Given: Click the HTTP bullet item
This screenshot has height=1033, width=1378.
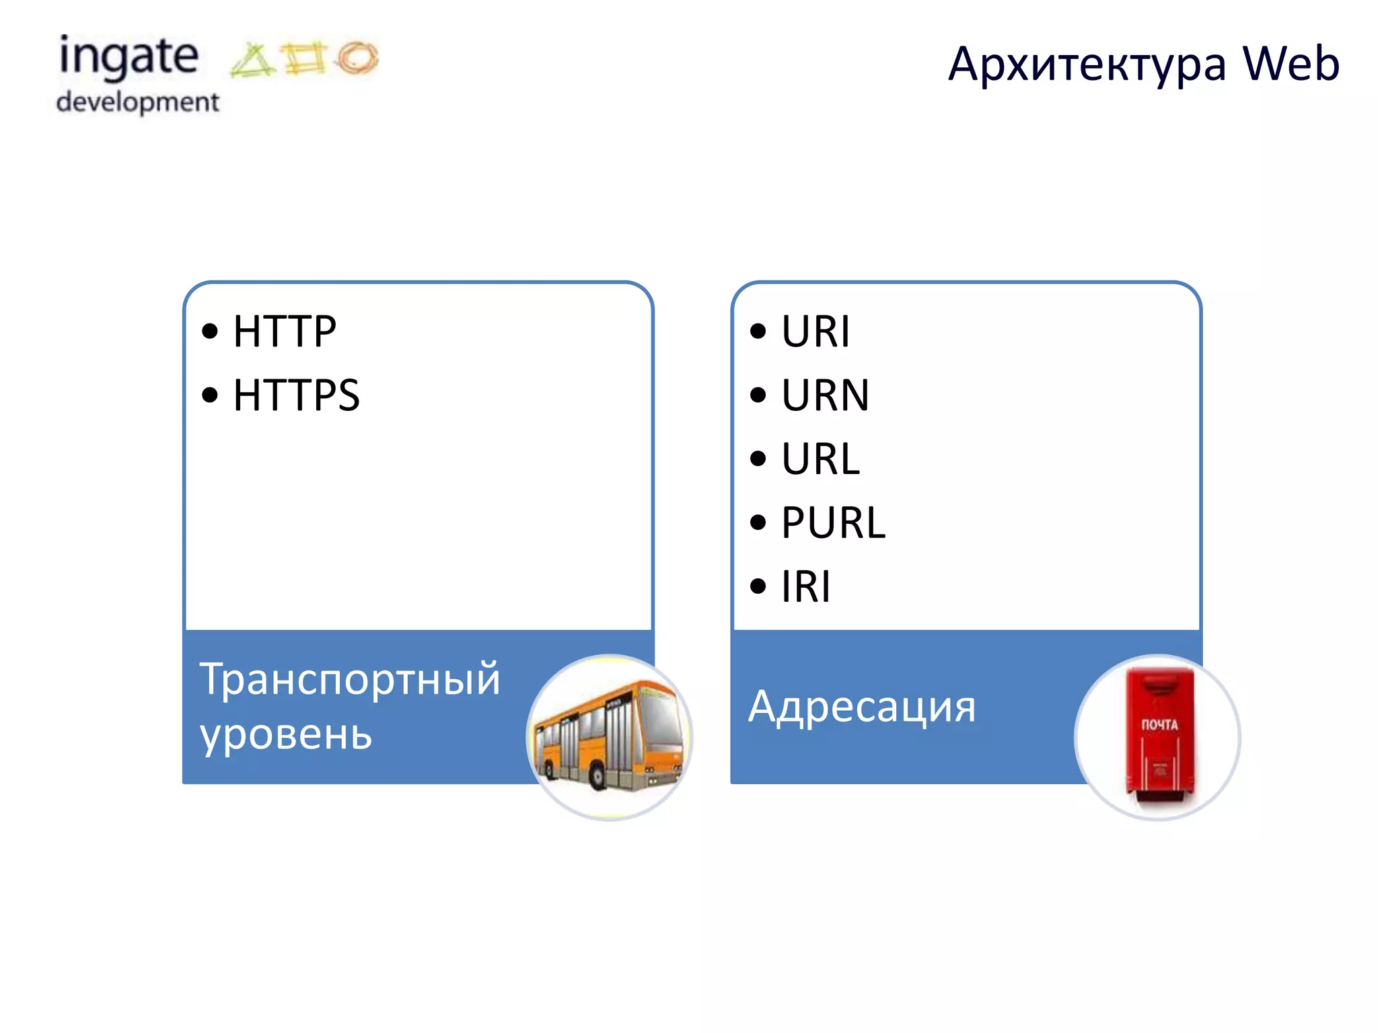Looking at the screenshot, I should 284,332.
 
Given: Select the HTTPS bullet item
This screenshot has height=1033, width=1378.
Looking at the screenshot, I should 296,395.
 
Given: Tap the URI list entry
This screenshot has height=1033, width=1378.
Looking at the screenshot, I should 815,332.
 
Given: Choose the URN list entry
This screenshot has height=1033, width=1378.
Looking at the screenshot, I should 825,395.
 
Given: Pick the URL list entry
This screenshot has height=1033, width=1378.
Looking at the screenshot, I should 820,459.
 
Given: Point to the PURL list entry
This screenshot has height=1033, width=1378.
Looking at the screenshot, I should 833,523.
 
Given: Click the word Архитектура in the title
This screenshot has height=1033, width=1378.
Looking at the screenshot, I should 1087,65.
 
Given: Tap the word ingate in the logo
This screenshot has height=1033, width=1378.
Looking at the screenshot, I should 129,57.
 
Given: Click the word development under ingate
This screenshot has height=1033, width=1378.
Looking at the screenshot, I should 138,102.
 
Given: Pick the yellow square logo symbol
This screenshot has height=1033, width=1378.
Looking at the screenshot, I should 305,58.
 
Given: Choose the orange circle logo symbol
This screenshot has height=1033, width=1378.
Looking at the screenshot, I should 358,57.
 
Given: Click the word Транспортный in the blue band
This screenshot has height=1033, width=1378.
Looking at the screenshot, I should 350,679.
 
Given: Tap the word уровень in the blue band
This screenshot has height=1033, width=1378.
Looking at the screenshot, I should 286,734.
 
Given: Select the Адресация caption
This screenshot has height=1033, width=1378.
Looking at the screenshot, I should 862,707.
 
